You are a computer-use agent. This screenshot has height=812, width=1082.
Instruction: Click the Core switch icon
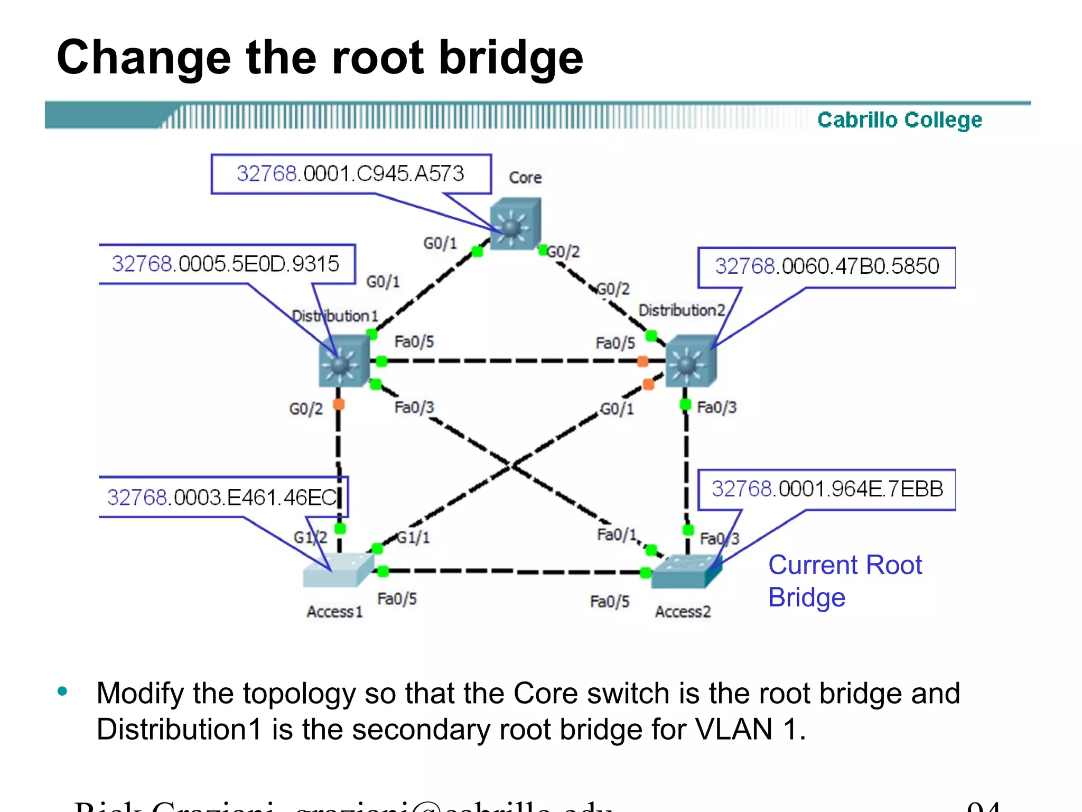tap(515, 224)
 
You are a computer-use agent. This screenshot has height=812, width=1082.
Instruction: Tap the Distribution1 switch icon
tap(344, 362)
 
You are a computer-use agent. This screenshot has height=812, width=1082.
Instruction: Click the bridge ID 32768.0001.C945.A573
tap(350, 174)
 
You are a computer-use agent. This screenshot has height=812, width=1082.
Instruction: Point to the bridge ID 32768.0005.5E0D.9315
tap(226, 264)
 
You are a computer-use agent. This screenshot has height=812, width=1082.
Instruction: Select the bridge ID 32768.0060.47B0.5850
tap(827, 266)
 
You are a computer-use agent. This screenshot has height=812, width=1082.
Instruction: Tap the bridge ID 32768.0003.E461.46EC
tap(222, 497)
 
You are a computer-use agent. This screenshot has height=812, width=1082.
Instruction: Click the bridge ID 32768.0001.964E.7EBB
tap(827, 489)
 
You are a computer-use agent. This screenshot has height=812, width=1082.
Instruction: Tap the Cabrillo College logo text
tap(899, 120)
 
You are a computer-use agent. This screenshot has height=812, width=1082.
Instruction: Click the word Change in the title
tap(144, 58)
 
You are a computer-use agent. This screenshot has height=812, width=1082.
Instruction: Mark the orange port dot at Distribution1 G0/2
tap(339, 405)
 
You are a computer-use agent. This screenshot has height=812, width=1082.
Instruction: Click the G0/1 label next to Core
tap(440, 243)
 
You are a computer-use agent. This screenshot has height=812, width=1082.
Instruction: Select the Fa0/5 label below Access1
tap(397, 599)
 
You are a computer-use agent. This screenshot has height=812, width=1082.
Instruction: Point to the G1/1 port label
tap(413, 538)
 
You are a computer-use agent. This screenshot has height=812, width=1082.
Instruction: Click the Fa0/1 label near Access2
tap(617, 534)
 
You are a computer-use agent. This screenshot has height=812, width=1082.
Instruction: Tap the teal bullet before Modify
tap(63, 691)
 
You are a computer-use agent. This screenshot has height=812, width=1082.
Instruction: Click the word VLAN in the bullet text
tap(734, 730)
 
